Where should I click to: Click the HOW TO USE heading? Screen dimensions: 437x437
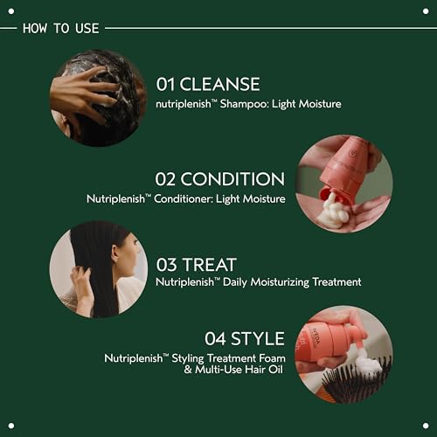pos(60,28)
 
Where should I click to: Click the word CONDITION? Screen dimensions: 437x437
pos(232,179)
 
